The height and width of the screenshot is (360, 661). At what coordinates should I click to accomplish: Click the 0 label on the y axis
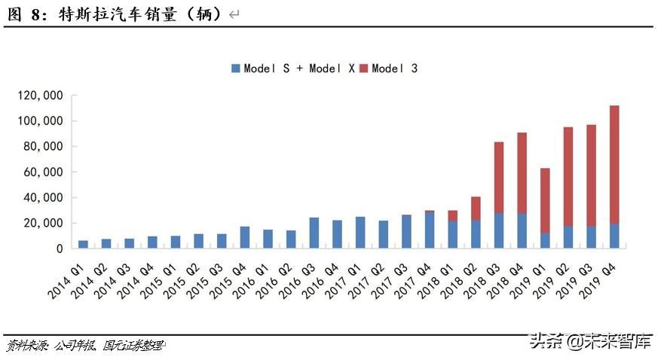58,249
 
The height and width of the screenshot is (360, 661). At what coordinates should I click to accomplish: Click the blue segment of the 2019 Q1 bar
545,240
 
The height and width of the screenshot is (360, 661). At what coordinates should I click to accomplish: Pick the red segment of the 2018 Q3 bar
499,177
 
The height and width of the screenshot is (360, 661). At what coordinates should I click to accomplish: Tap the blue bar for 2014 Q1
84,244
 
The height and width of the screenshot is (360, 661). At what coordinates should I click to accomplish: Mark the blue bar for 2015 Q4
245,237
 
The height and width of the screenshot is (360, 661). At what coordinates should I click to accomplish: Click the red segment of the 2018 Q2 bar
476,208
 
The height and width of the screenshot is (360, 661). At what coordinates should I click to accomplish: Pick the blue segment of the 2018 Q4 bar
522,230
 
